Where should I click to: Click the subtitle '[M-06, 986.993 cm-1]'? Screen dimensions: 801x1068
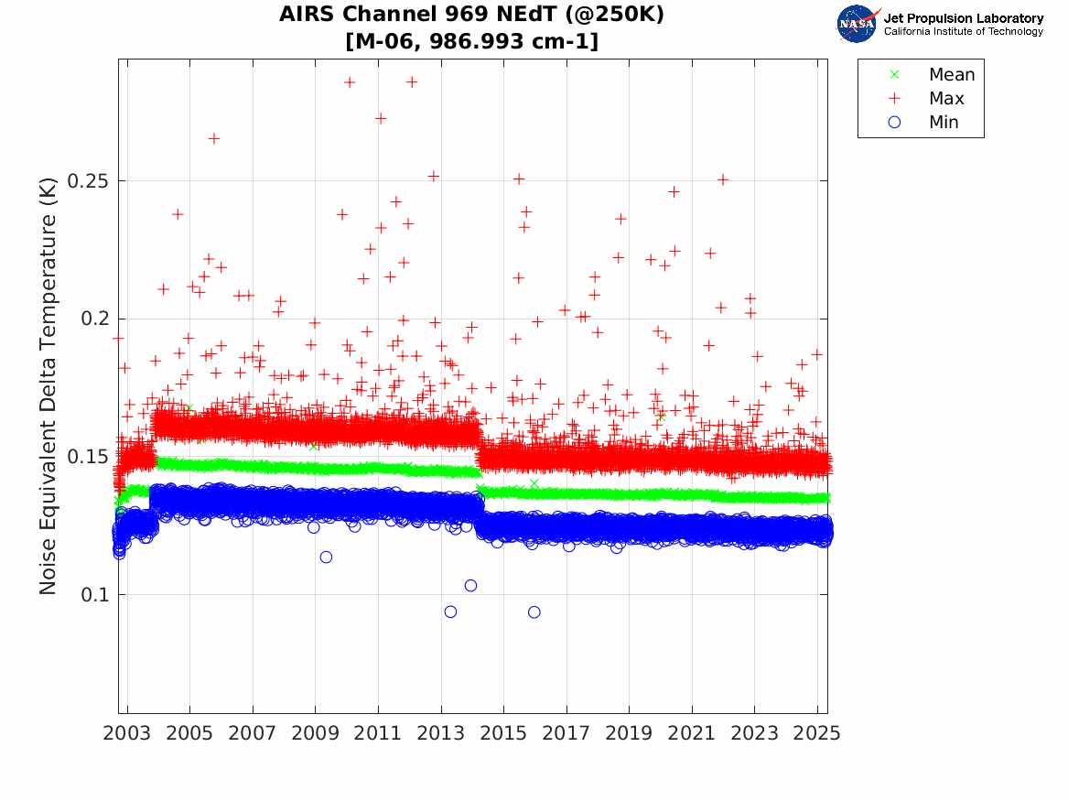point(472,41)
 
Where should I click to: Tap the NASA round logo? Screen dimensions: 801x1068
point(858,24)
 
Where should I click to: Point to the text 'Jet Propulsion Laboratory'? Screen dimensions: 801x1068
point(963,18)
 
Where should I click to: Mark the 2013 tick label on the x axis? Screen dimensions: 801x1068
point(441,733)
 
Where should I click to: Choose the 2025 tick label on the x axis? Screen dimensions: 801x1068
point(817,733)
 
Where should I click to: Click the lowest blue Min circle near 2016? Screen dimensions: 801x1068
point(534,612)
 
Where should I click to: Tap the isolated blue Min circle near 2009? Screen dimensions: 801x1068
point(326,557)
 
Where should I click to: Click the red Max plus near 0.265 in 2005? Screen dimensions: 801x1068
point(213,138)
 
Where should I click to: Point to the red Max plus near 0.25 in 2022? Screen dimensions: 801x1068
point(723,179)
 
